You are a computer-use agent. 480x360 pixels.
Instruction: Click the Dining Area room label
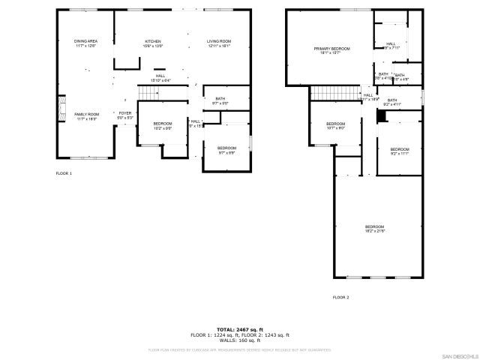pos(85,43)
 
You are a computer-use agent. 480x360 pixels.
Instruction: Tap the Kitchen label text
pos(153,43)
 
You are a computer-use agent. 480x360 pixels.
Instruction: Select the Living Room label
pos(219,43)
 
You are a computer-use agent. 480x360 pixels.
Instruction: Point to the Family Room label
pos(86,115)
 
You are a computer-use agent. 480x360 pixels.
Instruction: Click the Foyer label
pos(124,115)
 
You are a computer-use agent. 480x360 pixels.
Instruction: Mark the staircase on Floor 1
pos(148,92)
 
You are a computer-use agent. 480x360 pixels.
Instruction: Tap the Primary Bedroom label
pos(331,50)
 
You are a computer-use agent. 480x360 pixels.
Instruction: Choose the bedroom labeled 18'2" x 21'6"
pos(374,229)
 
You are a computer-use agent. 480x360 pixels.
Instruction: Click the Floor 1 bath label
pos(220,100)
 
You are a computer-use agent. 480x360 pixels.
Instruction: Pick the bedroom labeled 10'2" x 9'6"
pos(163,125)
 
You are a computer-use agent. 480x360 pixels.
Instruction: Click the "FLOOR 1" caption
pos(64,173)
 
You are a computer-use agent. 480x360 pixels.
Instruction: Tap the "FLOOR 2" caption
pos(340,298)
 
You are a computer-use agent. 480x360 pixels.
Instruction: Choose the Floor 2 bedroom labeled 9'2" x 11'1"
pos(400,151)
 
